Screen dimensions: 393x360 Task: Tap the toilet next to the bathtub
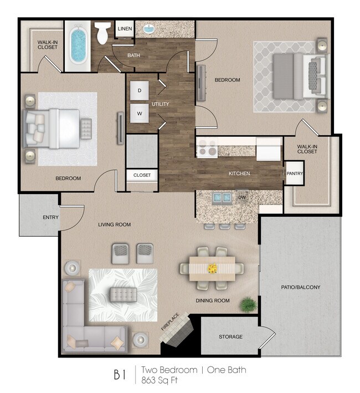[x=103, y=34]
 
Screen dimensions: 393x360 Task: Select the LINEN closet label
[x=124, y=29]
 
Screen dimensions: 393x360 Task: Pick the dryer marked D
[x=140, y=90]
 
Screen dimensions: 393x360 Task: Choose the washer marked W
[x=140, y=114]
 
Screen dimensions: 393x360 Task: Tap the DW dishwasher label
[x=241, y=197]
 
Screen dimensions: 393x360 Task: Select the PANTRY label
[x=294, y=173]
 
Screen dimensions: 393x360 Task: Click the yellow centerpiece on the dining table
[x=212, y=268]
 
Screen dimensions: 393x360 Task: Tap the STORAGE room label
[x=230, y=336]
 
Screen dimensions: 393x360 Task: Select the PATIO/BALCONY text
[x=301, y=287]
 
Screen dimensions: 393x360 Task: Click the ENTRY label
[x=50, y=217]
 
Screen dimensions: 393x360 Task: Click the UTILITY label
[x=160, y=104]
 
